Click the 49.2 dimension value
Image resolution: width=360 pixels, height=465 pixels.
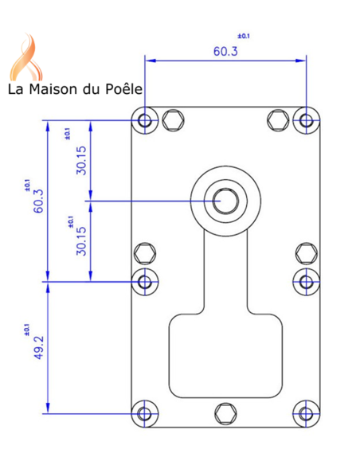[37, 346]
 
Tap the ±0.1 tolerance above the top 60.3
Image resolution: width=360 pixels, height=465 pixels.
[244, 37]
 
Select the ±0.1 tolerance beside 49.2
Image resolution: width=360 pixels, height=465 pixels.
[25, 328]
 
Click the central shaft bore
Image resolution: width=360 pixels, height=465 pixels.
[224, 200]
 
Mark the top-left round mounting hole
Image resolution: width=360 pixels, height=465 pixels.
[145, 120]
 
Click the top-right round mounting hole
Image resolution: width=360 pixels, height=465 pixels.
[307, 120]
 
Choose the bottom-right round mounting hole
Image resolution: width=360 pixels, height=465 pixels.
[307, 413]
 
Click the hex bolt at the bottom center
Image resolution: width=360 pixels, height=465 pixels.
[225, 412]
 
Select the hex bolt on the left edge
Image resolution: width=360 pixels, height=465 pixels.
[146, 253]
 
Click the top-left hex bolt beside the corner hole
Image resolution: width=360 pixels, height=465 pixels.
[172, 120]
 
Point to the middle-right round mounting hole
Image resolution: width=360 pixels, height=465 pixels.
[307, 280]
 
